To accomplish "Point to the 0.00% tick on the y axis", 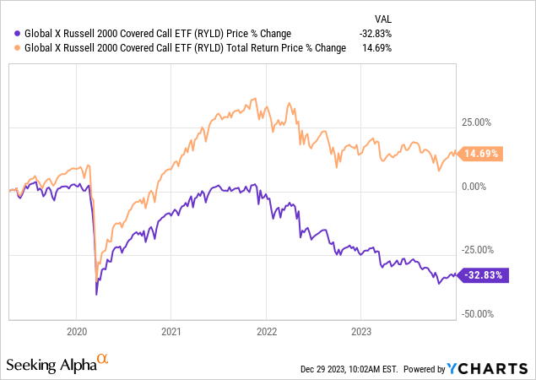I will pyautogui.click(x=479, y=186).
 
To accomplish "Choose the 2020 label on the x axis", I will pyautogui.click(x=76, y=331).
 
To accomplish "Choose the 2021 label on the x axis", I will pyautogui.click(x=171, y=331).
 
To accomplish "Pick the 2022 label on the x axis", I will pyautogui.click(x=267, y=331).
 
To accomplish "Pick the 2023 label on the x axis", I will pyautogui.click(x=361, y=331).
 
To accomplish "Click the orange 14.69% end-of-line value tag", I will pyautogui.click(x=482, y=155).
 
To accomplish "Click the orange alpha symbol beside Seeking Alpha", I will pyautogui.click(x=103, y=360).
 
